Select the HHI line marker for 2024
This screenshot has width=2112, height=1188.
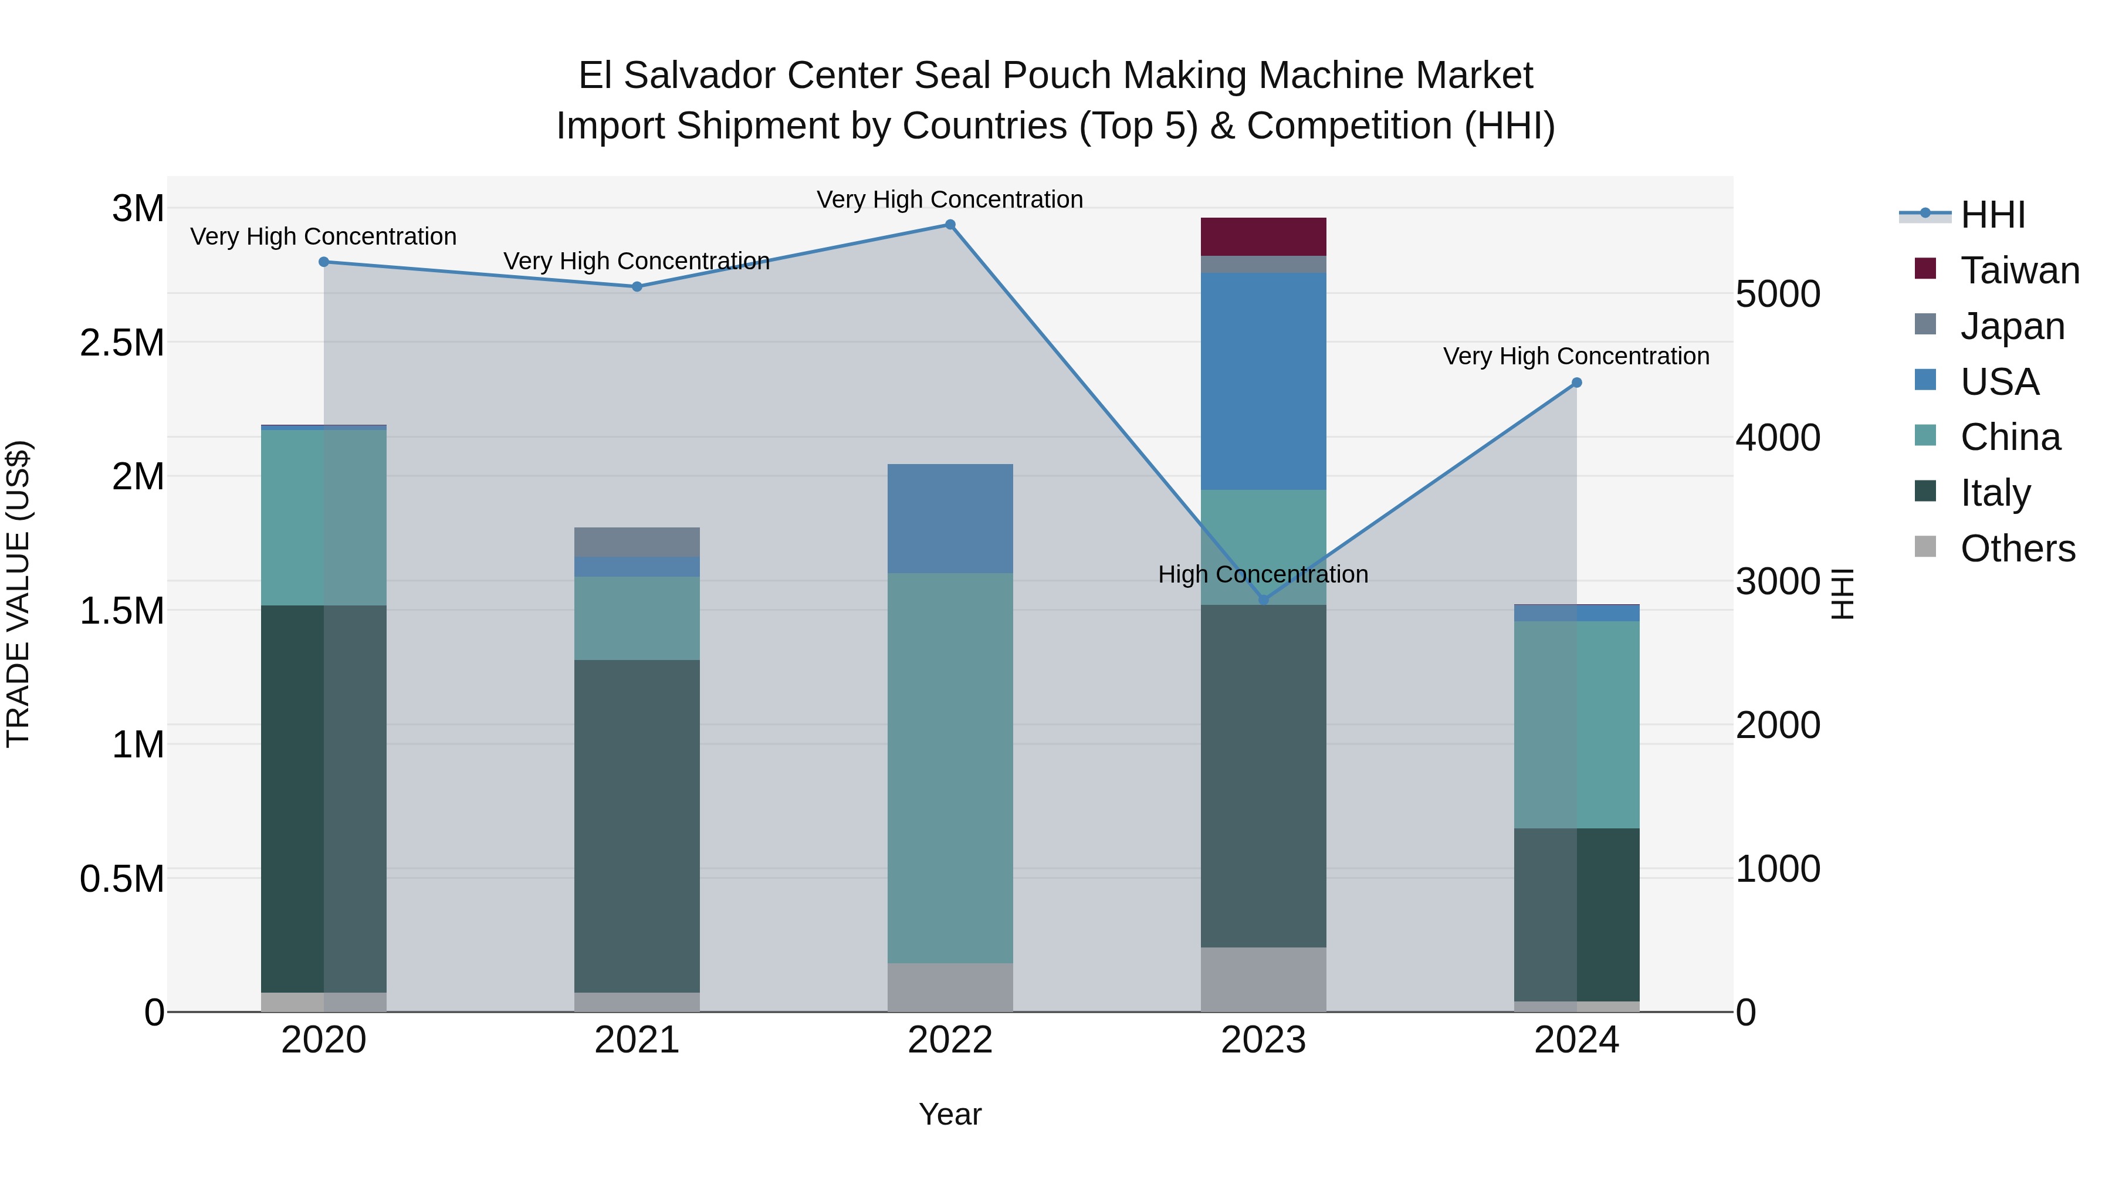coord(1576,383)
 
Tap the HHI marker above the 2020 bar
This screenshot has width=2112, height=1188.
coord(324,262)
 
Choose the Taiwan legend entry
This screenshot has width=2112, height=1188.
coord(2019,270)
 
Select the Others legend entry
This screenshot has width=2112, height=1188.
coord(2017,549)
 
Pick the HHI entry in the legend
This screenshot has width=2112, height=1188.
coord(1992,215)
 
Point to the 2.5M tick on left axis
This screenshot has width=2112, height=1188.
coord(122,343)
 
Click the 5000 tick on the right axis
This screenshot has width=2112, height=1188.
coord(1778,295)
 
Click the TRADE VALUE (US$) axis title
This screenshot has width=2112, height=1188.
coord(18,594)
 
